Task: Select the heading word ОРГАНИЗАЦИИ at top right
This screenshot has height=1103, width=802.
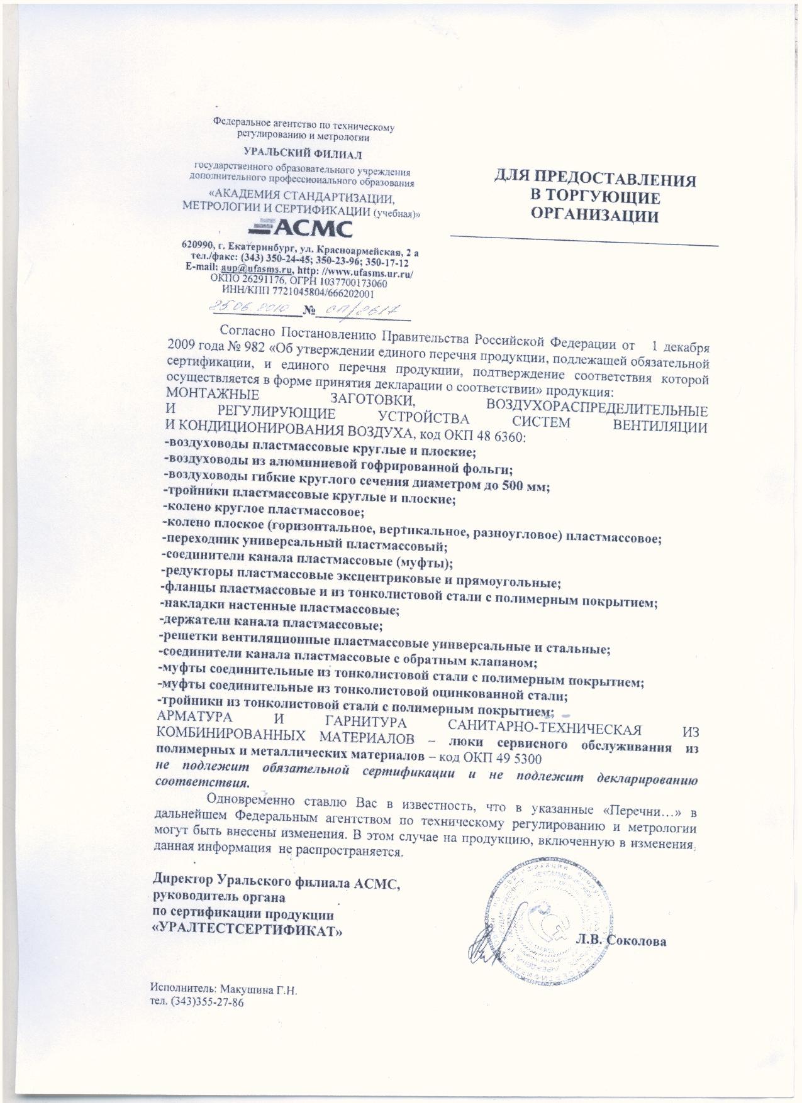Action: pyautogui.click(x=594, y=216)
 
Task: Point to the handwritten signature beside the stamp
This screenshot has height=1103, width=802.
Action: pyautogui.click(x=487, y=949)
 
